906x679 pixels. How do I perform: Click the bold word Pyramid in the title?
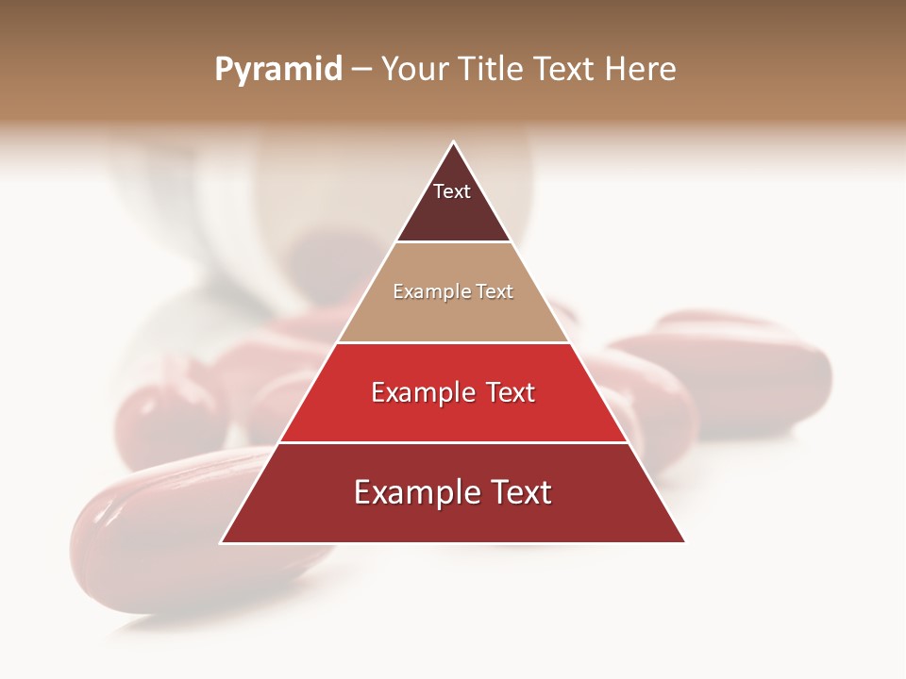pyautogui.click(x=278, y=70)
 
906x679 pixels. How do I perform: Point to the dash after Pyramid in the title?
pyautogui.click(x=361, y=70)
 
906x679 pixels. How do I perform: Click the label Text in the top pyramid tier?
pyautogui.click(x=452, y=191)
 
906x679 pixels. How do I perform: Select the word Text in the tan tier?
pyautogui.click(x=495, y=292)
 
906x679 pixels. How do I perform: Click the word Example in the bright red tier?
pyautogui.click(x=418, y=392)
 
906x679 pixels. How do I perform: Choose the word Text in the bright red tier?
pyautogui.click(x=511, y=392)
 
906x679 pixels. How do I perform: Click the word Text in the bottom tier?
pyautogui.click(x=519, y=493)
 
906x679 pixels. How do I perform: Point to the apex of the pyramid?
pyautogui.click(x=453, y=142)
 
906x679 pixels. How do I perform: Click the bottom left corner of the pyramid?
pyautogui.click(x=222, y=542)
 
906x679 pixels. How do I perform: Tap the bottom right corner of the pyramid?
pyautogui.click(x=684, y=542)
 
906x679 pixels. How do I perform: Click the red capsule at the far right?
pyautogui.click(x=755, y=368)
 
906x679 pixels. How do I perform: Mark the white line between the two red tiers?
pyautogui.click(x=453, y=442)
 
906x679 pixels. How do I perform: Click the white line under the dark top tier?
pyautogui.click(x=453, y=242)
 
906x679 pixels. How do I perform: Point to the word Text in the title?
pyautogui.click(x=568, y=70)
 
